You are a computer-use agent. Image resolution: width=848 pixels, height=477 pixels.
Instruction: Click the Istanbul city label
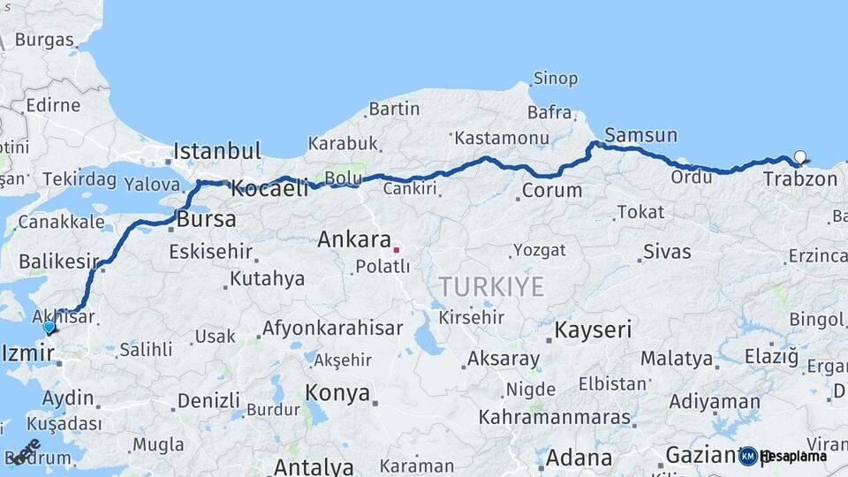tap(216, 150)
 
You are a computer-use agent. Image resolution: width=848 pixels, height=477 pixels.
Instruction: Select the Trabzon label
tap(799, 178)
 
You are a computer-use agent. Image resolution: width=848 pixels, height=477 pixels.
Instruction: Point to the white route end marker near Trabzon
tap(799, 157)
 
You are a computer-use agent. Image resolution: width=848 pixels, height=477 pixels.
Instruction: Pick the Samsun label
tap(640, 135)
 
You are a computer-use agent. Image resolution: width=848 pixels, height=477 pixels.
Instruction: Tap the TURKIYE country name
tap(491, 286)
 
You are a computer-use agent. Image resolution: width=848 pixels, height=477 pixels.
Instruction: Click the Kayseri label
tap(593, 330)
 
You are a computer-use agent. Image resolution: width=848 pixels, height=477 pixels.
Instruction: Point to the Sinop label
tap(556, 79)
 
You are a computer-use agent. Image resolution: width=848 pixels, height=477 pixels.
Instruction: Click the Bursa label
tap(206, 218)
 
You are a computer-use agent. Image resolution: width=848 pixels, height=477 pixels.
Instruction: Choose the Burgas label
tap(44, 40)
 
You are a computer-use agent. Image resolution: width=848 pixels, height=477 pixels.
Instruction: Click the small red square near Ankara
tap(397, 249)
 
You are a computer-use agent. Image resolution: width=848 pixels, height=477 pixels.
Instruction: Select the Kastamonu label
tap(501, 138)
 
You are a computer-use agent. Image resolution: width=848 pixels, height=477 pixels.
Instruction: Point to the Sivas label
tap(667, 252)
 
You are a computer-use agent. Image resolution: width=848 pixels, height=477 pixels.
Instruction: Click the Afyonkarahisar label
tap(332, 329)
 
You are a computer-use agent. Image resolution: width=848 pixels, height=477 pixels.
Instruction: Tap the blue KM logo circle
tap(748, 456)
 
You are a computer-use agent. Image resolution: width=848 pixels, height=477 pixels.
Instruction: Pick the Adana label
tap(579, 458)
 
